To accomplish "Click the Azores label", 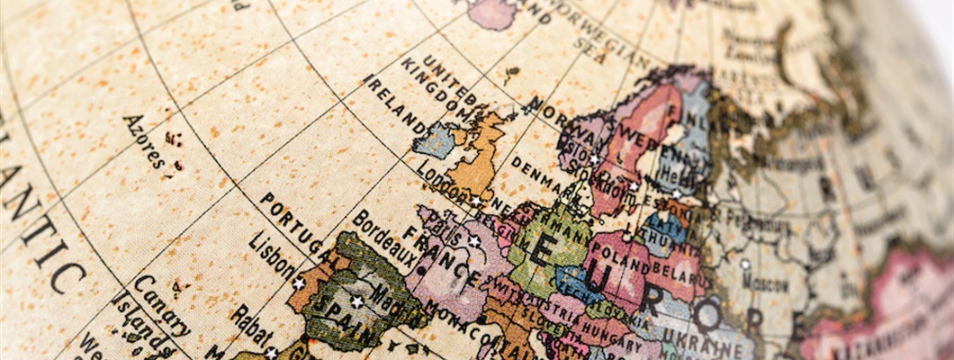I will [145, 142].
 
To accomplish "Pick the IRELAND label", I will [395, 104].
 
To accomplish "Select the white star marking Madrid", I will [356, 301].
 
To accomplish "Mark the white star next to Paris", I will [473, 241].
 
